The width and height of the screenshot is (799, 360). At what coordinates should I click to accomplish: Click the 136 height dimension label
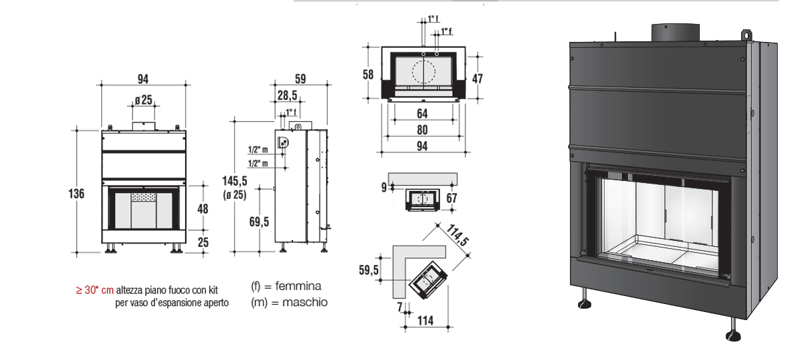point(77,194)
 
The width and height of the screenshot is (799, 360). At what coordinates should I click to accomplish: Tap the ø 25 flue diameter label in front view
point(143,100)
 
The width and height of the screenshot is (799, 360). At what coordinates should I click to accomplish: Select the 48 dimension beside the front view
point(202,209)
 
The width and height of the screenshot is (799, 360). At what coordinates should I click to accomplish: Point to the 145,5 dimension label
point(234,181)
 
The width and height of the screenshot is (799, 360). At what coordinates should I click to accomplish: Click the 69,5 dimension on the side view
point(259,222)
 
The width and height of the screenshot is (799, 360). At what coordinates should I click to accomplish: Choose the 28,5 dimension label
point(287,96)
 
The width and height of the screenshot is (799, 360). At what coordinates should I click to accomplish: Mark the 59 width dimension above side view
point(300,79)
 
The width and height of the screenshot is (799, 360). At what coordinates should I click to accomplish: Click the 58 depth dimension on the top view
point(368,75)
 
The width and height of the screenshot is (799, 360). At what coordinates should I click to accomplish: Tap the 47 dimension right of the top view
point(477,79)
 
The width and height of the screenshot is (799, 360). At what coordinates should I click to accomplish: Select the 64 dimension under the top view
point(422,114)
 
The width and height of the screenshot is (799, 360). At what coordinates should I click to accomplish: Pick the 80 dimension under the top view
point(422,130)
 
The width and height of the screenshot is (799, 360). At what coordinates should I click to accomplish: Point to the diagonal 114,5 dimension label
point(457,235)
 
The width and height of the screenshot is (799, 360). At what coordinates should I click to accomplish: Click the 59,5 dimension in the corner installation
point(368,270)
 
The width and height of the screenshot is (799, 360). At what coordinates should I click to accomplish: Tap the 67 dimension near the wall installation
point(451,198)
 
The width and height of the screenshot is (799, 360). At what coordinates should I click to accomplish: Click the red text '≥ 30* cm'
point(95,290)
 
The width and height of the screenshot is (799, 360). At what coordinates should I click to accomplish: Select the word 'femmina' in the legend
point(298,286)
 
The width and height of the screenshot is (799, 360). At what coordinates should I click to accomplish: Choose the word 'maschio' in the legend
point(305,302)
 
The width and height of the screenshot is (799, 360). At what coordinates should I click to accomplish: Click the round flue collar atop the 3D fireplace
point(675,33)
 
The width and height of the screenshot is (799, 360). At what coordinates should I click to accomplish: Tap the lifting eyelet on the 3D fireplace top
point(746,35)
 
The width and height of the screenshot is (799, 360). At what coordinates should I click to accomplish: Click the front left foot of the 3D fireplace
point(585,299)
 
